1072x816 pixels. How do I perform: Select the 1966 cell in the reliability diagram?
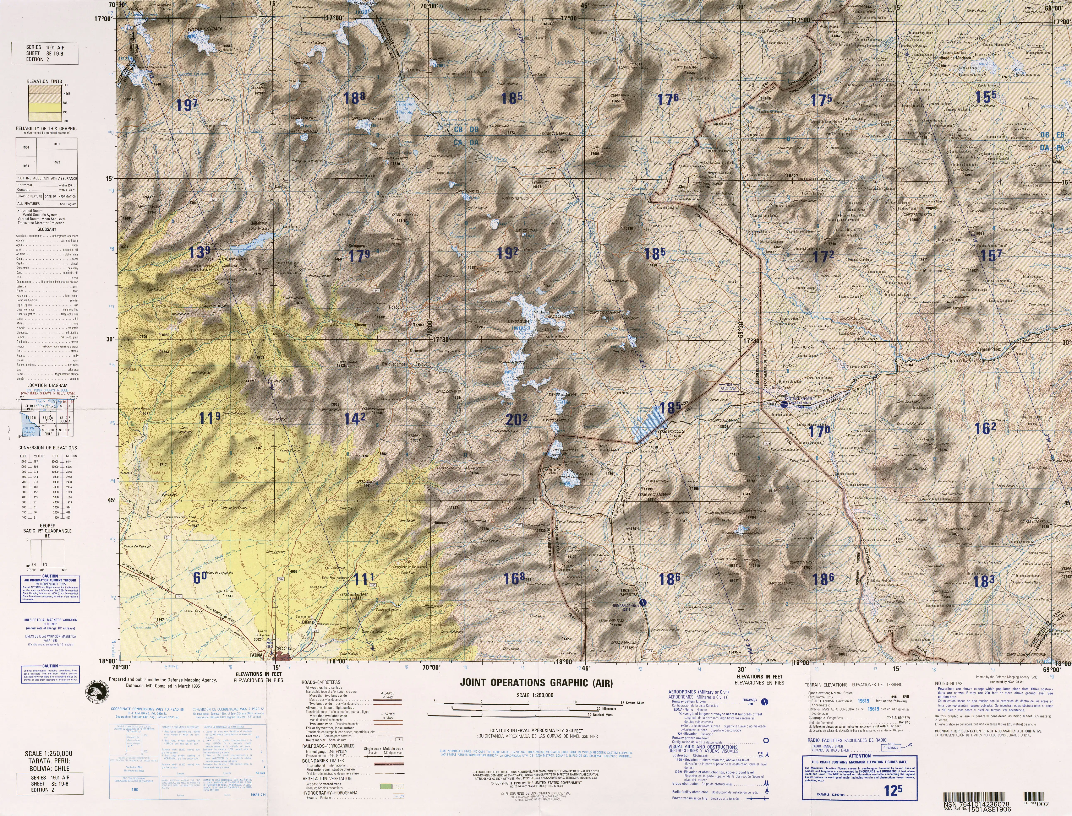pos(26,147)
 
